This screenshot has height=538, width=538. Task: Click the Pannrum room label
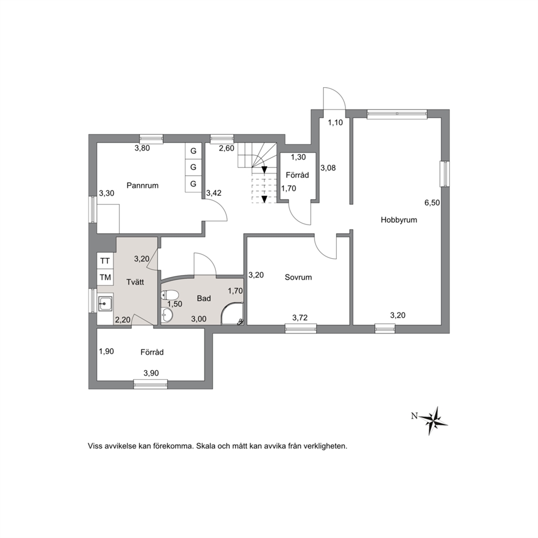(143, 185)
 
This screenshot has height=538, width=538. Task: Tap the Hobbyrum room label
(399, 220)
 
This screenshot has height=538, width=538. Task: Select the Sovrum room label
(298, 277)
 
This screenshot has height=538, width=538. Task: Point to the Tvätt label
(135, 282)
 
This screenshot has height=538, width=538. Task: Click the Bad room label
(204, 298)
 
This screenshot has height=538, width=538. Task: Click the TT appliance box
(105, 261)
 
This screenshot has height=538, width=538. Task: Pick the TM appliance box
(105, 277)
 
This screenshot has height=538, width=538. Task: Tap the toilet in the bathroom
(170, 294)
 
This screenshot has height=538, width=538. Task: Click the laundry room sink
(105, 303)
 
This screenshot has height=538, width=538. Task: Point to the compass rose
(434, 420)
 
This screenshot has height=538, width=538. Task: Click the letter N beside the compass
(414, 416)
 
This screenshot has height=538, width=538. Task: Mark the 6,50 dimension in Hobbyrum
(432, 203)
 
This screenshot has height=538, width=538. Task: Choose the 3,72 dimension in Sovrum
(300, 318)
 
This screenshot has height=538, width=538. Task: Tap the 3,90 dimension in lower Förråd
(151, 373)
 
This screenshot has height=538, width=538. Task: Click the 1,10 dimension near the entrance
(335, 123)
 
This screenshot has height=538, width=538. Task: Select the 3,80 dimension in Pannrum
(142, 148)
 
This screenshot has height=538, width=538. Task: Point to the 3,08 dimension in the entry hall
(328, 168)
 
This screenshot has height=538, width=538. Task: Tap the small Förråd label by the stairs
(298, 175)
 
